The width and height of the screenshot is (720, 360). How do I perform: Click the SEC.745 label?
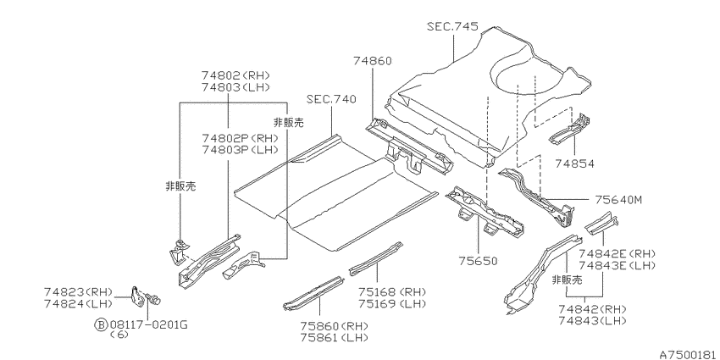point(452,26)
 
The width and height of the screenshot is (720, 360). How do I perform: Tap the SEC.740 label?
point(331,99)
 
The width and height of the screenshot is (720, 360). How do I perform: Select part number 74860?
point(373,61)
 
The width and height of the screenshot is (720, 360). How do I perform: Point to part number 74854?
point(574,163)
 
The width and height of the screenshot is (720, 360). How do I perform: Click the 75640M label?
point(618,200)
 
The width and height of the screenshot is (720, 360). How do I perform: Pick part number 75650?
point(478,261)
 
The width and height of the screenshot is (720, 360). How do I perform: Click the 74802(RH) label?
point(235,75)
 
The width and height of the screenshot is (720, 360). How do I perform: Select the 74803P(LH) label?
point(240,150)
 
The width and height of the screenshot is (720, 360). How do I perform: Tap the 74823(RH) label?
point(79,291)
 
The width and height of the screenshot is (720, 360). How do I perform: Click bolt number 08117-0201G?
point(149,325)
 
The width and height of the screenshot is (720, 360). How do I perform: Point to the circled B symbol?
point(100,325)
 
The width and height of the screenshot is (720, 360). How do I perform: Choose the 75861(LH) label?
point(335,338)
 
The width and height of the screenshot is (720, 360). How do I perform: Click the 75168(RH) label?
point(392,292)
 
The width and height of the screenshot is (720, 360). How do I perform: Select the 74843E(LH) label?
point(617,265)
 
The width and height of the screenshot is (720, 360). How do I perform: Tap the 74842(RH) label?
point(593,309)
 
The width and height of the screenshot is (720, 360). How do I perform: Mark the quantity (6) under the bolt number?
point(119,335)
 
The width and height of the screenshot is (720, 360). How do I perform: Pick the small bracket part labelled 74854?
point(571,130)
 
